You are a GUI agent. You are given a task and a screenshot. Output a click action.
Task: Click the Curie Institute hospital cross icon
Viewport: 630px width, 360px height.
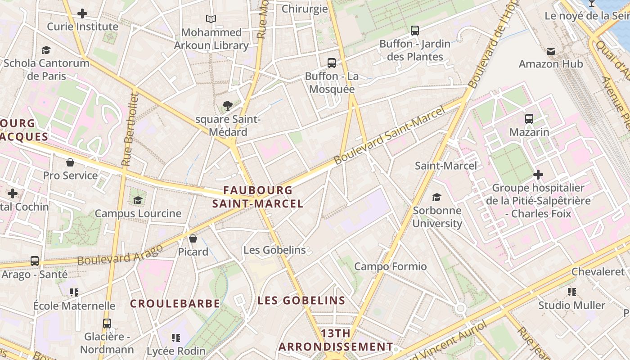point(82,13)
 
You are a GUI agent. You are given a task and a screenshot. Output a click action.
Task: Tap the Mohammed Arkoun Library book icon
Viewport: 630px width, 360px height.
point(211,19)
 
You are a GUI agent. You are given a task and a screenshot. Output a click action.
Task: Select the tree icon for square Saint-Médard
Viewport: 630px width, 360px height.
point(228,106)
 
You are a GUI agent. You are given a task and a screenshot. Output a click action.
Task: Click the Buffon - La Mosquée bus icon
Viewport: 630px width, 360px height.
point(332,63)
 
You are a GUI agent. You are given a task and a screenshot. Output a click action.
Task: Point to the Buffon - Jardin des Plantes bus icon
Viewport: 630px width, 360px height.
point(415,31)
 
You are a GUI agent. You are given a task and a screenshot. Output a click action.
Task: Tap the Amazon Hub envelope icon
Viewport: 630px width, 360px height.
point(551,51)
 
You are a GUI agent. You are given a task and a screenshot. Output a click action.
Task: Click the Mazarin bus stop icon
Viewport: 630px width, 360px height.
point(529,119)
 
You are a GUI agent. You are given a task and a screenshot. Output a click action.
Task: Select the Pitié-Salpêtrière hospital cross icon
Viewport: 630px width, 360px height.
point(538,174)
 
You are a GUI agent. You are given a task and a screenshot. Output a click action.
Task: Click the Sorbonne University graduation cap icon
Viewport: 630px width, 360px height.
point(436,197)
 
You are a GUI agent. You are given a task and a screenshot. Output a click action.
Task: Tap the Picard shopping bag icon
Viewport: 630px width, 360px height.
point(193,238)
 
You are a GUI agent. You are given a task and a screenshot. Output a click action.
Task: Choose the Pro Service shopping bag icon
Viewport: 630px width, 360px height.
point(70,162)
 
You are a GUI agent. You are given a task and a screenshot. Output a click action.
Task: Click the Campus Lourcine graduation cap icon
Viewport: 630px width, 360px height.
point(138,200)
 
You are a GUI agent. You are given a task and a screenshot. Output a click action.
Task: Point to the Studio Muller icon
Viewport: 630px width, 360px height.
point(571,292)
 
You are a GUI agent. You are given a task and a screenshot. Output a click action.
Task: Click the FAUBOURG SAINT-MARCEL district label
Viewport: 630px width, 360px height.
point(258,197)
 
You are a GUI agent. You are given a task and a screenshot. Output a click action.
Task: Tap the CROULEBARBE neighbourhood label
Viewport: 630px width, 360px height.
point(175,304)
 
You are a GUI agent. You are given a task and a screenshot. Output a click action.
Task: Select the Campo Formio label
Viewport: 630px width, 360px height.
point(390,266)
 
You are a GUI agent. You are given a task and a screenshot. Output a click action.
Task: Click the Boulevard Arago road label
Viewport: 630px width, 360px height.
point(120,255)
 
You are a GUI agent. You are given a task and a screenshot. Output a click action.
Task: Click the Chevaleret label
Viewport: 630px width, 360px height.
point(598,271)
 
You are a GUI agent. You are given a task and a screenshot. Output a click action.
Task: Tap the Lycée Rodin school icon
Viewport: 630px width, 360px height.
point(176,337)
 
